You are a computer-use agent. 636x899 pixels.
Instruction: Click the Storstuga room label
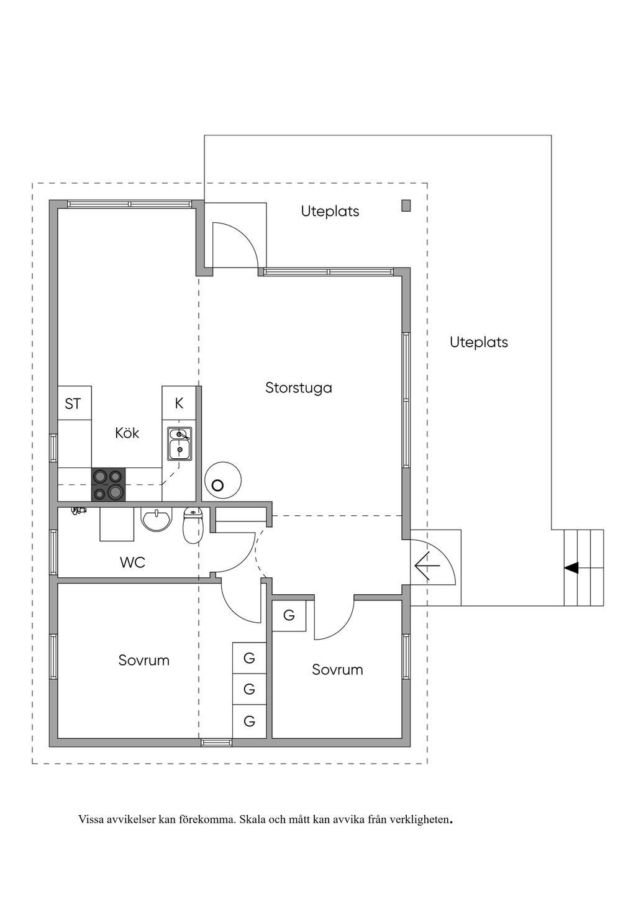(x=299, y=388)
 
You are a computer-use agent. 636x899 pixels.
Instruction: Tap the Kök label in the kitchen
(x=127, y=433)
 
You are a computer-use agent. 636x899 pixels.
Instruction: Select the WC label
(x=132, y=562)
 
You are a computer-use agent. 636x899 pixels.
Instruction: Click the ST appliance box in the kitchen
(x=75, y=403)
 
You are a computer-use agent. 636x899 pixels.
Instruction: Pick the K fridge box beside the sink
(x=179, y=403)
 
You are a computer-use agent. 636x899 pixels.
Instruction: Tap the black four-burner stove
(x=109, y=485)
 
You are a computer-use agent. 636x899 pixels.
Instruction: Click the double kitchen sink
(x=179, y=444)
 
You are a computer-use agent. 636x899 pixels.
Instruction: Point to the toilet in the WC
(x=194, y=525)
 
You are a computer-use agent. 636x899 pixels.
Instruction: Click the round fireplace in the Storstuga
(x=223, y=481)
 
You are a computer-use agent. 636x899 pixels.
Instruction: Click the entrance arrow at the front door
(x=427, y=566)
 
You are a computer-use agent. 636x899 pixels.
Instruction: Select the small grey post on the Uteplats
(x=406, y=206)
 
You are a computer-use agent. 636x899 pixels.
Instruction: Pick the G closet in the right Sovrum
(x=289, y=615)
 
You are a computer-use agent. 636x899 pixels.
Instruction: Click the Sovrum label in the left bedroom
(x=143, y=660)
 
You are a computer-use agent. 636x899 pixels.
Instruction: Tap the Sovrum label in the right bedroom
(x=337, y=669)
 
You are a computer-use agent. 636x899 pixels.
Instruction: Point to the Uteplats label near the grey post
(x=330, y=212)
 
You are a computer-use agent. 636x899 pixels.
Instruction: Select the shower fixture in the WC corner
(x=78, y=511)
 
